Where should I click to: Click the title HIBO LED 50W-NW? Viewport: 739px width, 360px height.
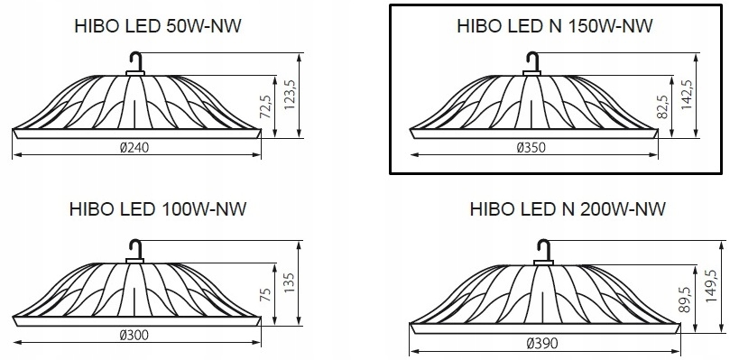[x=157, y=26]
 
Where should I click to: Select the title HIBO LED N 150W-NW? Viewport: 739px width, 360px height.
[x=555, y=26]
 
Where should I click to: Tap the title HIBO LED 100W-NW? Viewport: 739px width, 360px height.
[x=157, y=208]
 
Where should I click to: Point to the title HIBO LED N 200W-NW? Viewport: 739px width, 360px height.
[x=568, y=208]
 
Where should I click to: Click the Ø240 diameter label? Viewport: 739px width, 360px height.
[x=134, y=148]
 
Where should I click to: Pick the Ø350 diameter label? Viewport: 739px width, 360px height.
[x=531, y=148]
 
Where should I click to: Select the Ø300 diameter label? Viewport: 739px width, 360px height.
[x=134, y=335]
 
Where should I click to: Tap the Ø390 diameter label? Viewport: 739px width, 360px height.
[x=542, y=344]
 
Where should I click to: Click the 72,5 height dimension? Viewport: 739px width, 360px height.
[x=265, y=106]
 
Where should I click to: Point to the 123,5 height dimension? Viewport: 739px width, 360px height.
[x=289, y=95]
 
